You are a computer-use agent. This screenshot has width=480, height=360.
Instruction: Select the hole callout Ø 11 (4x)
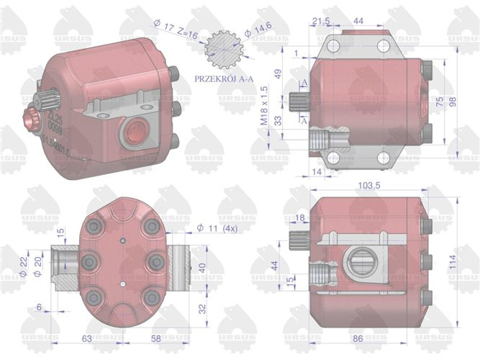point(216,229)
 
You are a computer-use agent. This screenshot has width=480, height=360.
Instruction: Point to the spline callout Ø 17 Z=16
point(175,27)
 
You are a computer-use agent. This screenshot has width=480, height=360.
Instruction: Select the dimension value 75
point(440,102)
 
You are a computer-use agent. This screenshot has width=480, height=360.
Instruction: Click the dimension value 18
point(300,217)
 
